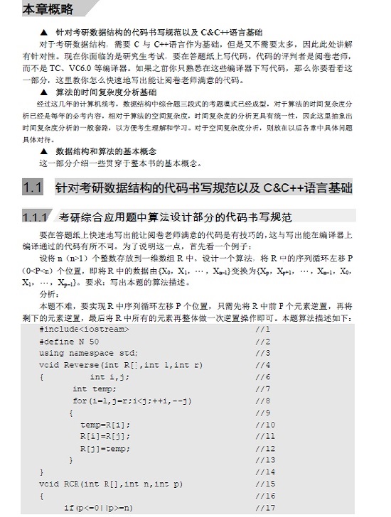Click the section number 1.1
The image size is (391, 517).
pyautogui.click(x=33, y=189)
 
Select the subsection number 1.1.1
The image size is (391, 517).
pyautogui.click(x=36, y=217)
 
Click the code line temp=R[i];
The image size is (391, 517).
pyautogui.click(x=105, y=424)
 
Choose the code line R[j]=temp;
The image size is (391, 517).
pyautogui.click(x=105, y=448)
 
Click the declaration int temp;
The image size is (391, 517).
pyautogui.click(x=93, y=389)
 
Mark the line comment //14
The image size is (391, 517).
pyautogui.click(x=265, y=472)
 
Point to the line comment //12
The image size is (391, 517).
pyautogui.click(x=265, y=448)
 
